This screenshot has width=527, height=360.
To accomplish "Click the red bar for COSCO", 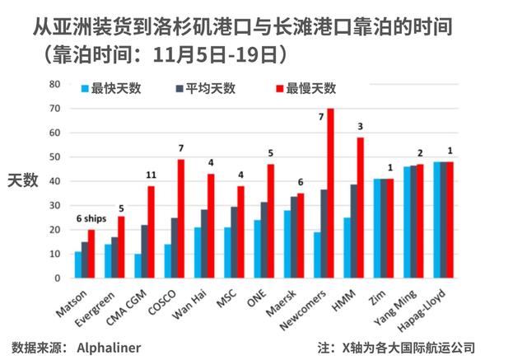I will click(x=180, y=218).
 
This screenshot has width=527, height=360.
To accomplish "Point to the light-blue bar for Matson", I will click(x=78, y=264).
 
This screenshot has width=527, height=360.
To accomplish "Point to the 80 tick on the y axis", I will click(x=54, y=84).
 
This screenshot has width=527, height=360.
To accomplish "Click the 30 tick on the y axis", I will click(x=54, y=205).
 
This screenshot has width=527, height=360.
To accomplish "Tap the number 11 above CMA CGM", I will click(x=152, y=175).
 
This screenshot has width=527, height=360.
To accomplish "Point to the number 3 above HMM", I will click(x=360, y=126).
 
